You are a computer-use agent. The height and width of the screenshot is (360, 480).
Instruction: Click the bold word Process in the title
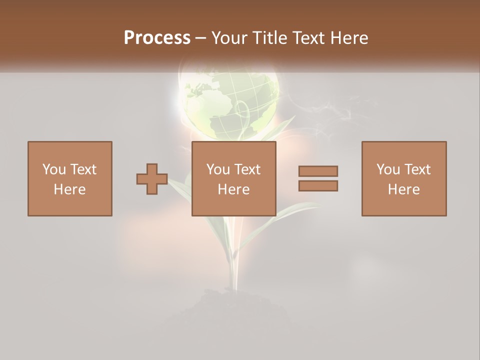(x=157, y=38)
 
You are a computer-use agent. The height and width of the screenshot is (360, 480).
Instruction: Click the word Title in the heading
(x=268, y=38)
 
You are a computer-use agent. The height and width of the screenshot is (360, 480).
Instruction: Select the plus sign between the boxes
(x=152, y=179)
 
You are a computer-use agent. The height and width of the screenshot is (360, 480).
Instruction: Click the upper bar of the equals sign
(x=318, y=171)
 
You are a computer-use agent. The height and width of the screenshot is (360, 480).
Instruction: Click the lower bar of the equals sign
(x=318, y=186)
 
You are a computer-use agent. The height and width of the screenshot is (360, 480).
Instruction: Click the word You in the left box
(x=53, y=169)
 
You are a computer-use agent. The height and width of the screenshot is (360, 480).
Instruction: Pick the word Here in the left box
(x=69, y=189)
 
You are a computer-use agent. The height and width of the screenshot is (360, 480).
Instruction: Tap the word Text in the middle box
(x=247, y=169)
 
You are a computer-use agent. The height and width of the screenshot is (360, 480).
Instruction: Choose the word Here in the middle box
(x=233, y=189)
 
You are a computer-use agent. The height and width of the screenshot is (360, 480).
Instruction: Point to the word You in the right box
(x=387, y=169)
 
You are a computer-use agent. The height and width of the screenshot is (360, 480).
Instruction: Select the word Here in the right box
(x=403, y=189)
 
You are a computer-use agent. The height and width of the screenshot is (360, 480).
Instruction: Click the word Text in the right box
(x=417, y=169)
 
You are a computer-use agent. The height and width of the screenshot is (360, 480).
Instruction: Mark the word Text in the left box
(x=83, y=169)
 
